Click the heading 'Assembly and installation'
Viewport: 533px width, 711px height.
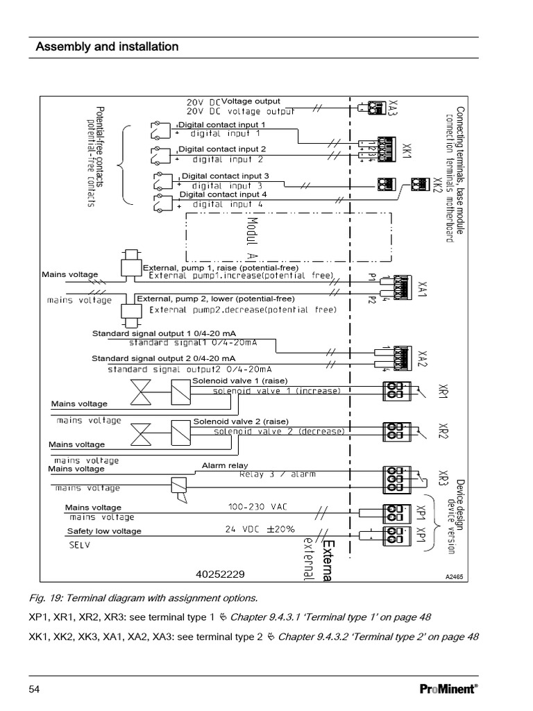[108, 47]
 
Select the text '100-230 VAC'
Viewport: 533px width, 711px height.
[255, 507]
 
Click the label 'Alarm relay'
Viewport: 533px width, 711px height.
[225, 465]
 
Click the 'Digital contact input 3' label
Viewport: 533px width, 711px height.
[225, 176]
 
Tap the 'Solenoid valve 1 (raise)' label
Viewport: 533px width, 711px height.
[239, 381]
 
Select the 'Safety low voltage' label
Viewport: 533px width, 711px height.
[103, 531]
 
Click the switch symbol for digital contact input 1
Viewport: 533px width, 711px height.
[159, 128]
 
